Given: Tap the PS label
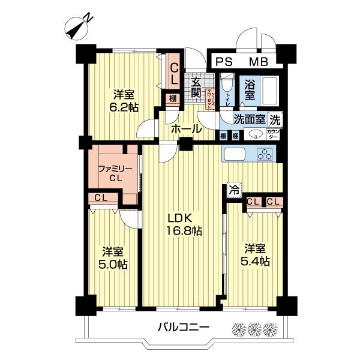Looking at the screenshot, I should click(223, 61).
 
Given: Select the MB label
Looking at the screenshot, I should click(259, 61).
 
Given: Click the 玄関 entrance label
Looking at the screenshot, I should click(196, 88).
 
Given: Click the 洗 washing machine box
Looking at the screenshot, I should click(274, 118).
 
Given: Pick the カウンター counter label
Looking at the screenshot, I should click(274, 134).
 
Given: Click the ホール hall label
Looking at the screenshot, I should click(185, 129).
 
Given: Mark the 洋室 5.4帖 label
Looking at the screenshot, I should click(256, 254).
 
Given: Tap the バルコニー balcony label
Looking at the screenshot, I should click(184, 328).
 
